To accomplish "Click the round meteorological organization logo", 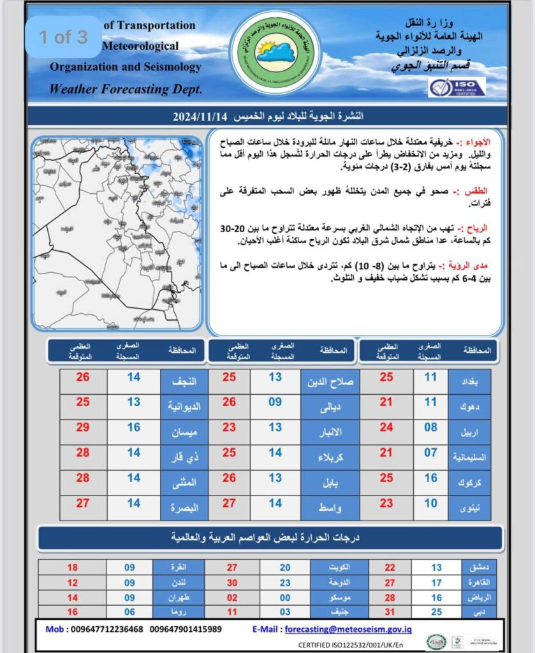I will pos(275,53).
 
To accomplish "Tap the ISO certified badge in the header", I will pos(457,87).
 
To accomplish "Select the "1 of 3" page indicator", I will pos(64,37).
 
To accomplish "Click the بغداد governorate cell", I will pos(469,378).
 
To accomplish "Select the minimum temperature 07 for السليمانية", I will pos(430,453).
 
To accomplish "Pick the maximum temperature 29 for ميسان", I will pos(83,428).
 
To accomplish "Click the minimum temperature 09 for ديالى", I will pos(275,402).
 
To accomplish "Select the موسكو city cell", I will pos(334,598).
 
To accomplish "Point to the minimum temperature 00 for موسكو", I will pos(286,598).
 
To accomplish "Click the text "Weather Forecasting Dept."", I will pos(126,89).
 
